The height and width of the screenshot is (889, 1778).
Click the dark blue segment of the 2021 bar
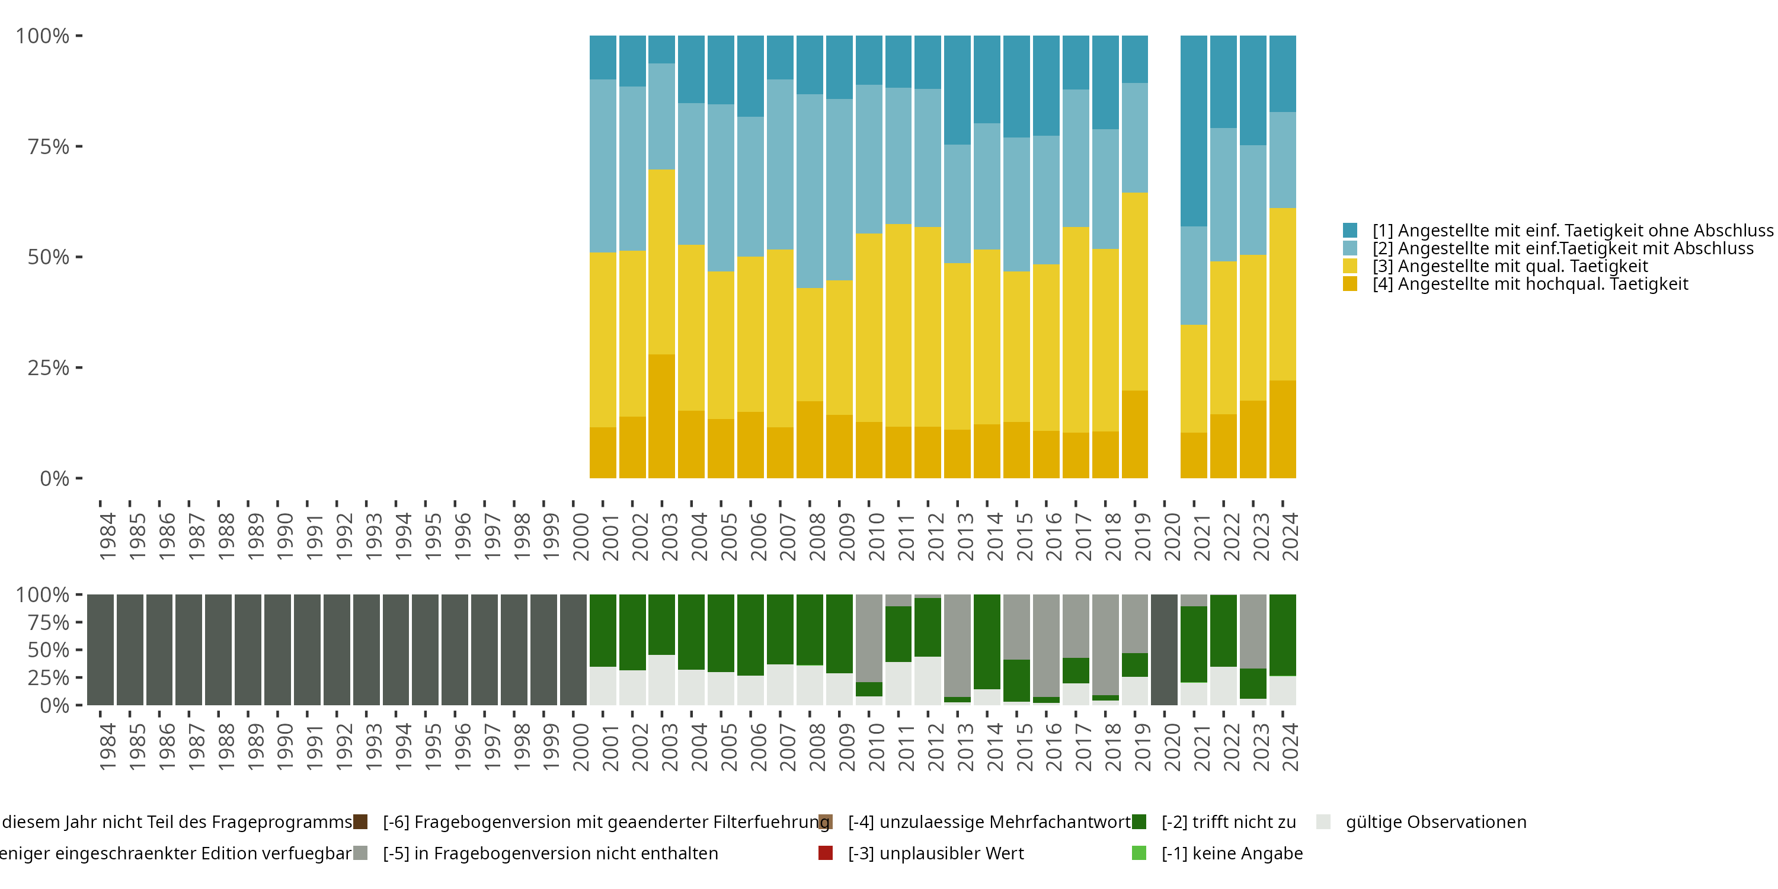pos(1194,131)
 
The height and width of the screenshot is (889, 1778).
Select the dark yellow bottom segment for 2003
pos(661,416)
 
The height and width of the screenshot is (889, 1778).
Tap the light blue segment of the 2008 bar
pos(810,191)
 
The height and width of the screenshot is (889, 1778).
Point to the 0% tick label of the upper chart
pos(55,478)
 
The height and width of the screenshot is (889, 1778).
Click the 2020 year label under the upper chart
pos(1172,536)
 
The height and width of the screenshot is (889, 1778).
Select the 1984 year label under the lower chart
pos(108,747)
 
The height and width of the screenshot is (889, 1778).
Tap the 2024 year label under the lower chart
pos(1290,747)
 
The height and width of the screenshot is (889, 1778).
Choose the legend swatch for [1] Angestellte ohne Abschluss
pos(1350,231)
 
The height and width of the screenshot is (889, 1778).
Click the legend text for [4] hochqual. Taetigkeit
pos(1530,284)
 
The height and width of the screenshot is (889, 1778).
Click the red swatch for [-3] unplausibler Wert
pos(826,853)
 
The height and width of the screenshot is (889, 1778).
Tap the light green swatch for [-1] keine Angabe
pos(1139,853)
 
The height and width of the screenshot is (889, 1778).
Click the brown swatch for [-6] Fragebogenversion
pos(360,822)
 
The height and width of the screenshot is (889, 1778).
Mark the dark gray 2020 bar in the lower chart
pos(1165,650)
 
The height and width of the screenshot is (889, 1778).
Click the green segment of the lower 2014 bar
pos(987,642)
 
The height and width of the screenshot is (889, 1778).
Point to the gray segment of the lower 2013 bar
pos(957,645)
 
